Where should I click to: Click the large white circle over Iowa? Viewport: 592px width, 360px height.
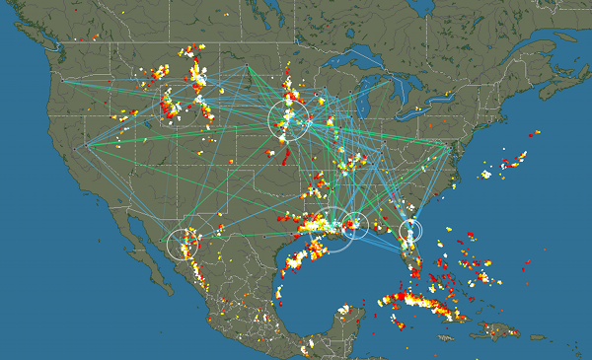click(289, 119)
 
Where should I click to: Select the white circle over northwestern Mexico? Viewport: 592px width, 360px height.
click(183, 243)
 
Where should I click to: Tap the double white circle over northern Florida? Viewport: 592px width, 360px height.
click(410, 232)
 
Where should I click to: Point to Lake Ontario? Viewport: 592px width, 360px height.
click(440, 94)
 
